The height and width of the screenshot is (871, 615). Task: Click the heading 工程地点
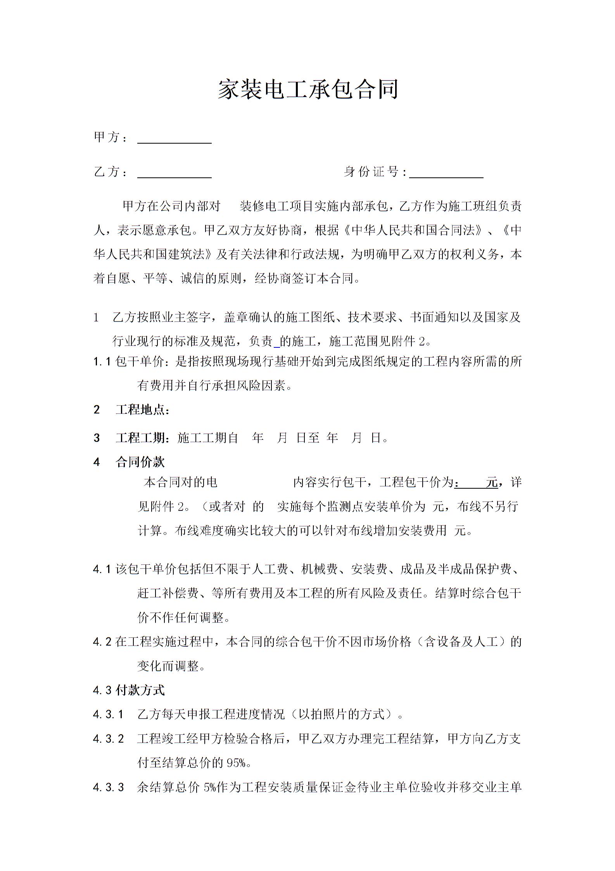click(x=142, y=410)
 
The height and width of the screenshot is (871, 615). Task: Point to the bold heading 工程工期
click(x=142, y=438)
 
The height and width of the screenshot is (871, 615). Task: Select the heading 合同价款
click(x=140, y=462)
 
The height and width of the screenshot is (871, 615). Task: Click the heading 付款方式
click(x=140, y=690)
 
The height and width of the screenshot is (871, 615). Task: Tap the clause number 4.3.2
click(x=109, y=739)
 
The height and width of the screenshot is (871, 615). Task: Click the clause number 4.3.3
click(x=109, y=787)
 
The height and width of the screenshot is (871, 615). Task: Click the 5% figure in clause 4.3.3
click(x=210, y=788)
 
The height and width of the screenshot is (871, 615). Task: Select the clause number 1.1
click(x=102, y=362)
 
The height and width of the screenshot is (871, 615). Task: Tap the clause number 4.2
click(x=102, y=642)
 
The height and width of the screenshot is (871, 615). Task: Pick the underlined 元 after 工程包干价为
click(x=492, y=482)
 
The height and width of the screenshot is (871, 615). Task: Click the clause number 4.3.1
click(x=109, y=714)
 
